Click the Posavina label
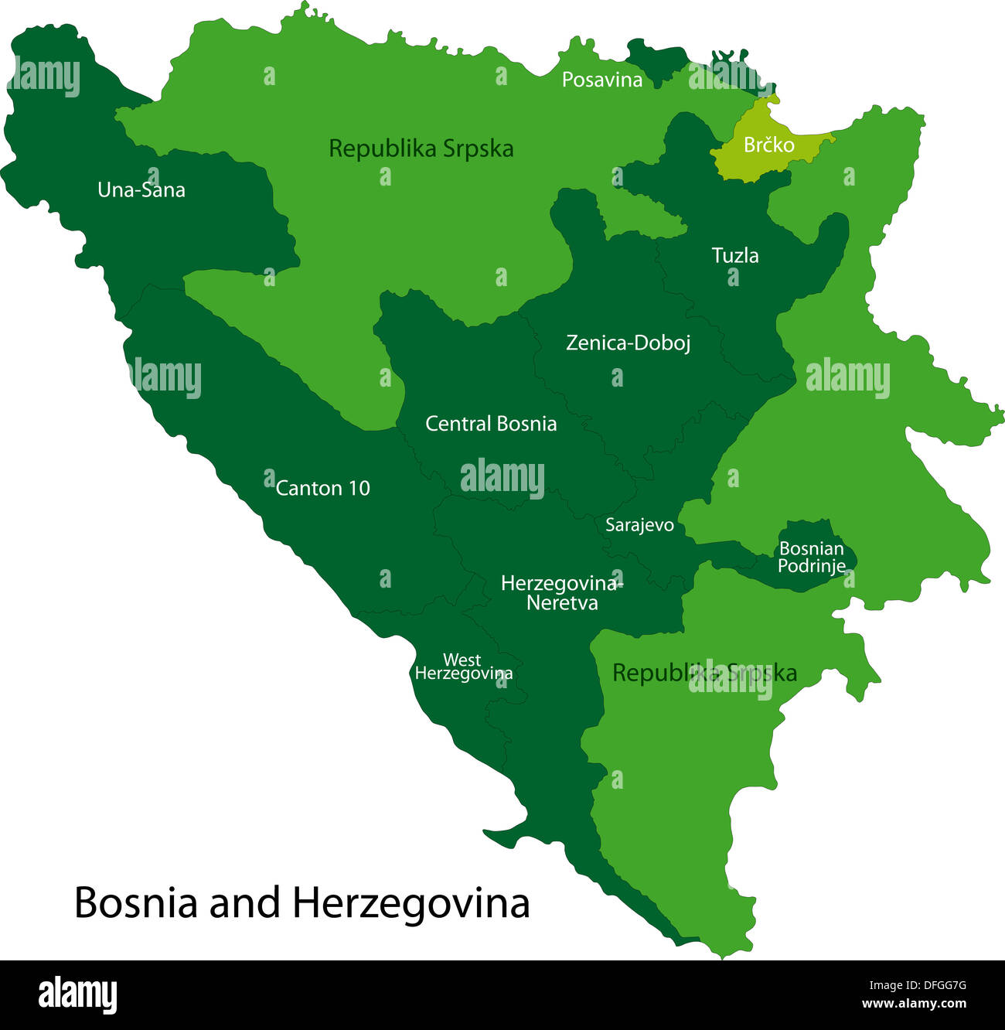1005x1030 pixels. (601, 80)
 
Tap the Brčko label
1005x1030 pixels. (768, 145)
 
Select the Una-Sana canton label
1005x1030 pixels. (141, 190)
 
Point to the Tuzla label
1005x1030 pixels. (734, 255)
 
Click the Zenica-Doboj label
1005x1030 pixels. (628, 343)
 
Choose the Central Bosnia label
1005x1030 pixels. (491, 424)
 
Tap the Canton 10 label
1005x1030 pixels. (322, 489)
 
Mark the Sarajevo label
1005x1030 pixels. (639, 526)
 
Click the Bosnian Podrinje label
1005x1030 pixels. (811, 558)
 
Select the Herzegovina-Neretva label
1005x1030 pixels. (561, 593)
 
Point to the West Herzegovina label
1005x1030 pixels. (463, 667)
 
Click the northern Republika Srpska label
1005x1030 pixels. (421, 148)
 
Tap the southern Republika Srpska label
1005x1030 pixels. (703, 673)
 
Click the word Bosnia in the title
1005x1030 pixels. (136, 902)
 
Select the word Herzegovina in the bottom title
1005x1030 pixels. (411, 902)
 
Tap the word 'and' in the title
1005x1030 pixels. (244, 902)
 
